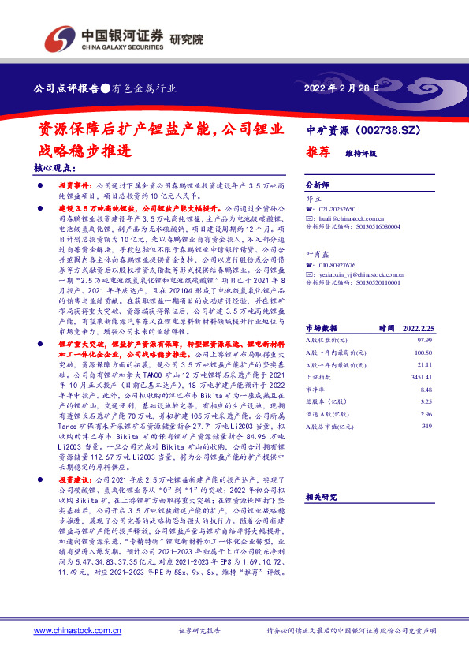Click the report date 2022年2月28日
coord(341,89)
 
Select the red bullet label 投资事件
coord(75,184)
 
